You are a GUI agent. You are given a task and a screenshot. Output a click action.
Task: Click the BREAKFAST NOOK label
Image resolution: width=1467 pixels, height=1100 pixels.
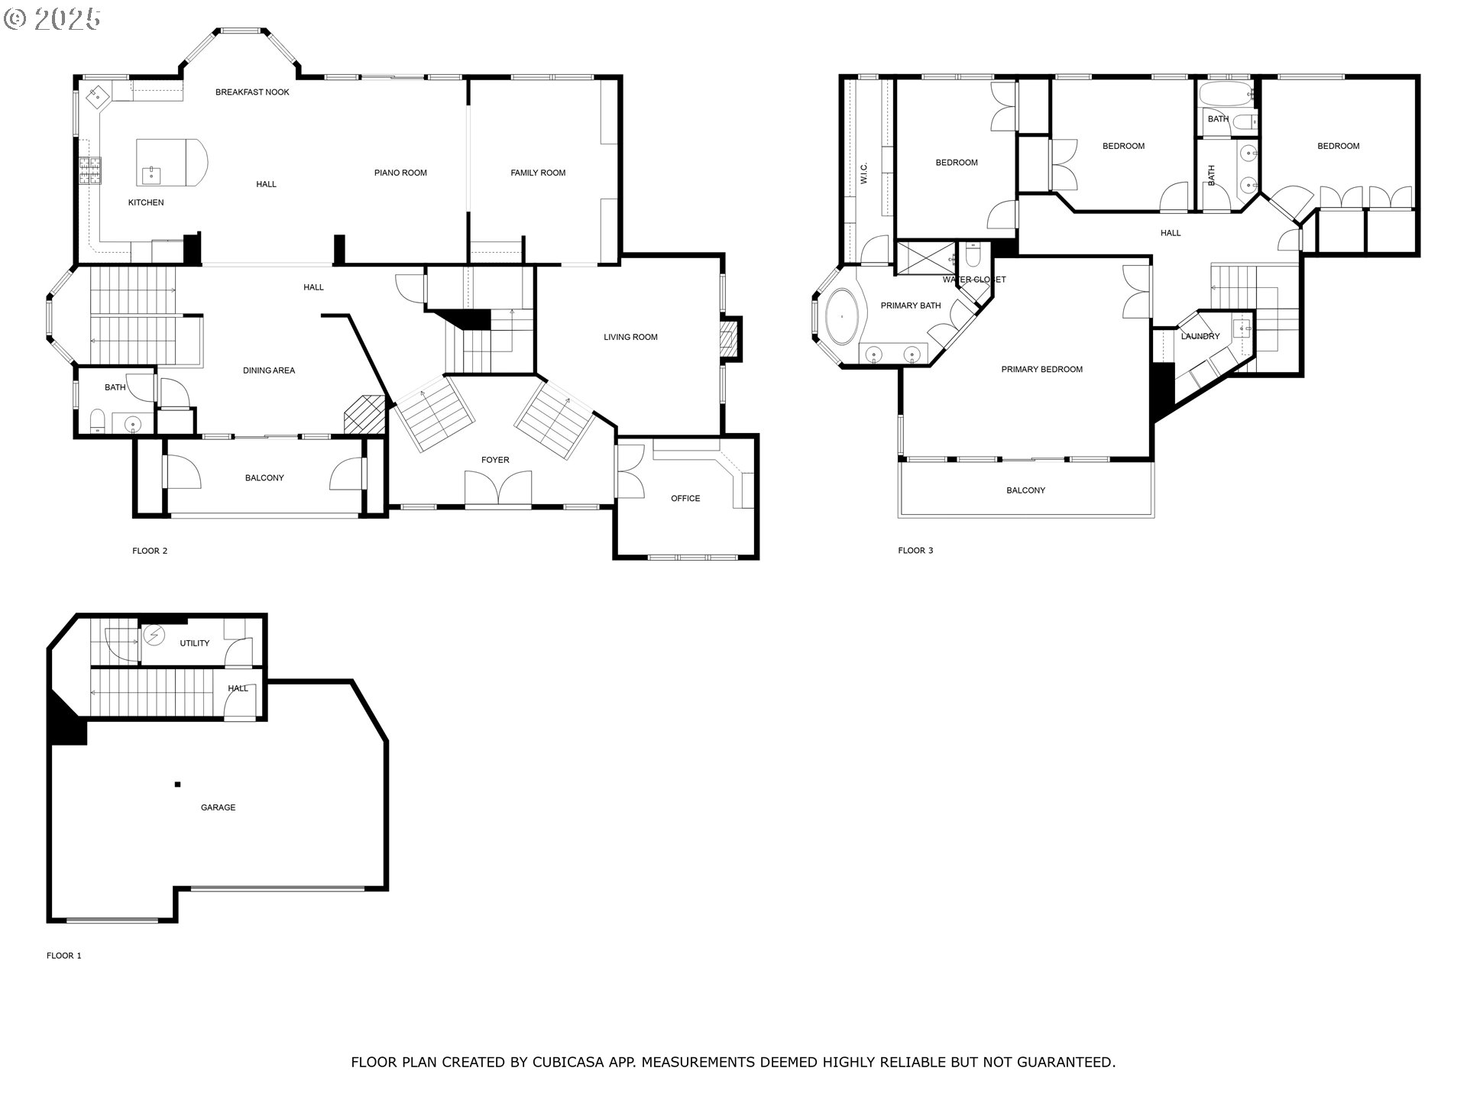pyautogui.click(x=252, y=92)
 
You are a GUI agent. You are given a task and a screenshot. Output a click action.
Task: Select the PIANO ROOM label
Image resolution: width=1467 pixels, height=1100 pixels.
pyautogui.click(x=400, y=173)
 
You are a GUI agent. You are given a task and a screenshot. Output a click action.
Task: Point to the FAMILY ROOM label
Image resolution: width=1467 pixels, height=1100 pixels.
pyautogui.click(x=538, y=173)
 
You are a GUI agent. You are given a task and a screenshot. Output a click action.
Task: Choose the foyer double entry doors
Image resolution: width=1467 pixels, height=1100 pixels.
pyautogui.click(x=498, y=489)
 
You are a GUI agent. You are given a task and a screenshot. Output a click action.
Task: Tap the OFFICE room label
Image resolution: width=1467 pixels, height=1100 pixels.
pyautogui.click(x=685, y=498)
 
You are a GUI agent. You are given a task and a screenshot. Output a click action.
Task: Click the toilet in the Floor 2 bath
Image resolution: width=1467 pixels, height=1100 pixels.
pyautogui.click(x=97, y=420)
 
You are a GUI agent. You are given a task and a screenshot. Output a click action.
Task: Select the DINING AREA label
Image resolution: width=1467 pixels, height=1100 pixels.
pyautogui.click(x=269, y=370)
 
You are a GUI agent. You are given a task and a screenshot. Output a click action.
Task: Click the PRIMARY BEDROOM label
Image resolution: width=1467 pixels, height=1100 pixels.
pyautogui.click(x=1041, y=370)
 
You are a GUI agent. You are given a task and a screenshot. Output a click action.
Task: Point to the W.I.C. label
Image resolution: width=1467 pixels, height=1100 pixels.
pyautogui.click(x=863, y=173)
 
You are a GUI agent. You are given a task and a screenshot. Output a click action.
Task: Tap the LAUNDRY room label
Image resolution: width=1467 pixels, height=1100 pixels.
pyautogui.click(x=1200, y=336)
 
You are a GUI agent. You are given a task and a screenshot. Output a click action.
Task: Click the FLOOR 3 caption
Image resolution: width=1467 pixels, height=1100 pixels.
pyautogui.click(x=915, y=550)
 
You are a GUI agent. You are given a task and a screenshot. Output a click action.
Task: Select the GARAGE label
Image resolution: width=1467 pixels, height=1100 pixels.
pyautogui.click(x=218, y=807)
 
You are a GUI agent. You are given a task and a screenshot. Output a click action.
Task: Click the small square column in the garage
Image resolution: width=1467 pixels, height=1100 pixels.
pyautogui.click(x=177, y=784)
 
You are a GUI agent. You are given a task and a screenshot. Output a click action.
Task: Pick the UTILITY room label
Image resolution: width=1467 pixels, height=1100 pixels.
pyautogui.click(x=194, y=643)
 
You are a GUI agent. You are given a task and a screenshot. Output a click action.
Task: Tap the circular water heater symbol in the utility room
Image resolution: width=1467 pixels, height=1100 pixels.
pyautogui.click(x=154, y=634)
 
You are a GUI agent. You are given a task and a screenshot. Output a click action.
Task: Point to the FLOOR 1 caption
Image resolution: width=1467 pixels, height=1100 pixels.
pyautogui.click(x=64, y=956)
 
